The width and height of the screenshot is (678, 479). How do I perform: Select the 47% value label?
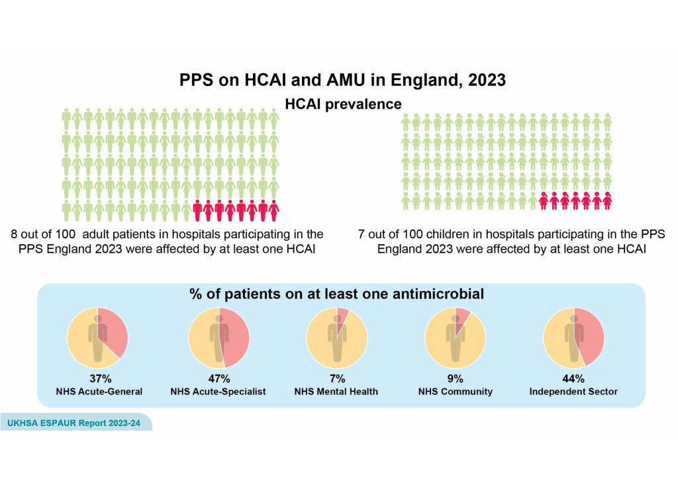218,379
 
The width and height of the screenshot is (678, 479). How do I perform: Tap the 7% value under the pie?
337,379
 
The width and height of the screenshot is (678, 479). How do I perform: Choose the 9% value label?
455,379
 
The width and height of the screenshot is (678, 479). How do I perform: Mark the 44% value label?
573,379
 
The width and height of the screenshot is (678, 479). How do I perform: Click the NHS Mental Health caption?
337,392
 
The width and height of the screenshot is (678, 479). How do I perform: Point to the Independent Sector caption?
573,392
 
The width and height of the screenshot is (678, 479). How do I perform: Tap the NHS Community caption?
455,392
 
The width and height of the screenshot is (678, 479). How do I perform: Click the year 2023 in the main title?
487,80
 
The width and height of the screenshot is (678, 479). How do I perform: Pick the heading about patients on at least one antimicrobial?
337,294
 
